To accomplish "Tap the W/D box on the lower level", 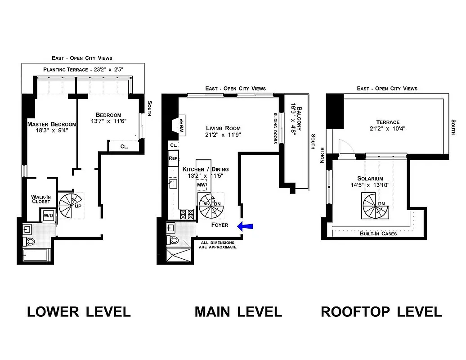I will pyautogui.click(x=48, y=216).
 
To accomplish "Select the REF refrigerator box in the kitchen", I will pyautogui.click(x=173, y=158).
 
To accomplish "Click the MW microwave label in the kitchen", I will pyautogui.click(x=201, y=185).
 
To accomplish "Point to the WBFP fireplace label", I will pyautogui.click(x=182, y=124).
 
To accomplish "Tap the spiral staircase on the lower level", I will pyautogui.click(x=71, y=205).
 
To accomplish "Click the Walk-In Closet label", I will pyautogui.click(x=40, y=199).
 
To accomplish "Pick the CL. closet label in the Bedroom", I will pyautogui.click(x=125, y=146).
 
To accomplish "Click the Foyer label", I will pyautogui.click(x=219, y=225).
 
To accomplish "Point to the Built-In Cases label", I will pyautogui.click(x=378, y=234).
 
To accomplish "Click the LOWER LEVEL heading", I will pyautogui.click(x=79, y=311).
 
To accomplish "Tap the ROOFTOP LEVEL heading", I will pyautogui.click(x=381, y=311).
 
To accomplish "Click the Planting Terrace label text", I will pyautogui.click(x=86, y=70).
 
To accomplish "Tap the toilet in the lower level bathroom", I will pyautogui.click(x=31, y=242).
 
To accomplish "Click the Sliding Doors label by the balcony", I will pyautogui.click(x=275, y=128).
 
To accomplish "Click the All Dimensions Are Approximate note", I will pyautogui.click(x=219, y=245).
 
